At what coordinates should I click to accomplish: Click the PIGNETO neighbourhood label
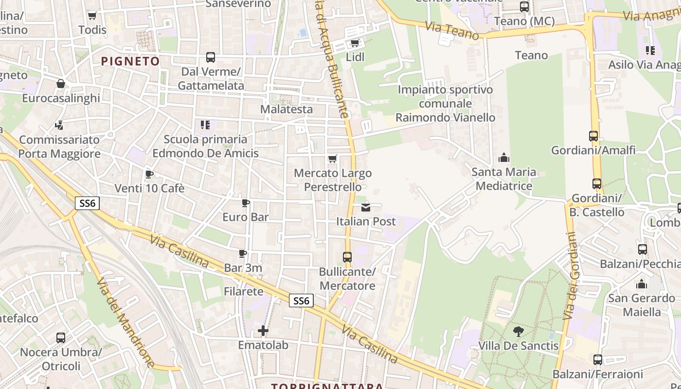tap(130, 61)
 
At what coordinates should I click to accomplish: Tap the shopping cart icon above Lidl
tap(355, 43)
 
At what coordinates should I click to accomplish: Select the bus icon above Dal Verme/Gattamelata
tap(211, 57)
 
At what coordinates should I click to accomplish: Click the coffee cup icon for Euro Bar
tap(246, 203)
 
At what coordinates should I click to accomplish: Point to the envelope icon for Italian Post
tap(366, 208)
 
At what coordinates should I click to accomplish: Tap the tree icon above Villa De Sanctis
tap(519, 332)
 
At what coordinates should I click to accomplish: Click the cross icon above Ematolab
tap(263, 331)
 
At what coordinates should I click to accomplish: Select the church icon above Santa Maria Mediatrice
tap(504, 158)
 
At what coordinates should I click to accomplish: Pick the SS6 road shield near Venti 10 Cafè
tap(87, 203)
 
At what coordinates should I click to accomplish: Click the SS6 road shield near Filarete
tap(301, 301)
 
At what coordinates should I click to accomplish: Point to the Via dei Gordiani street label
tap(571, 276)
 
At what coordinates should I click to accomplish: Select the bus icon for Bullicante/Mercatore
tap(347, 257)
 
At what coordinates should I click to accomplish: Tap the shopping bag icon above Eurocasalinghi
tap(61, 84)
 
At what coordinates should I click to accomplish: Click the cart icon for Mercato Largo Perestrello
tap(333, 159)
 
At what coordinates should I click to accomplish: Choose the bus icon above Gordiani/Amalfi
tap(593, 136)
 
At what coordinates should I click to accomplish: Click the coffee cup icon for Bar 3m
tap(243, 253)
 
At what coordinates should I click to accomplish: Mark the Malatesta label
tap(287, 109)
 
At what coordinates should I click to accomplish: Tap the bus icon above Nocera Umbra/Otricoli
tap(61, 337)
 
